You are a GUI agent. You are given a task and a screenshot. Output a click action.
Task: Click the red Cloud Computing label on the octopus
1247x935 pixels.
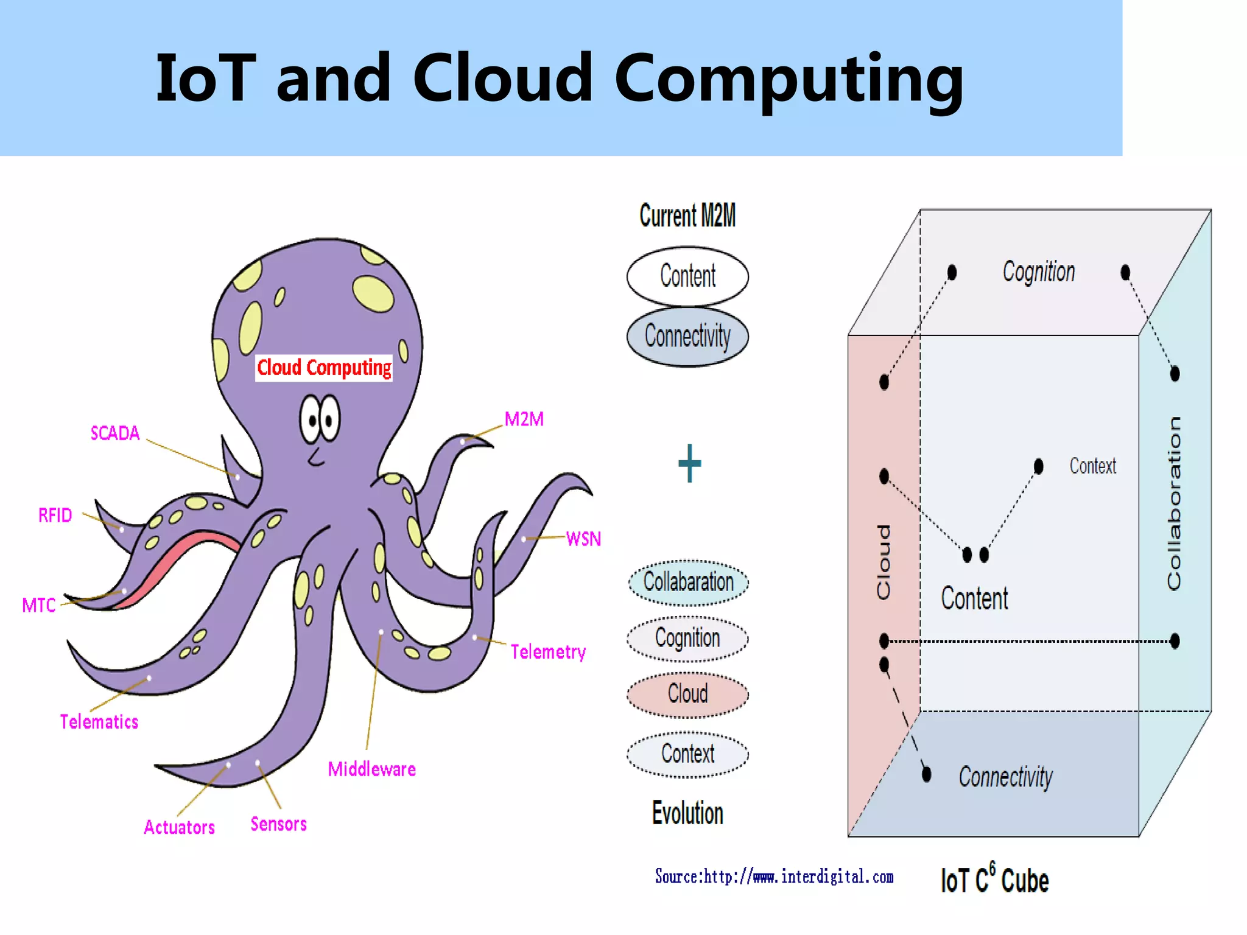(324, 368)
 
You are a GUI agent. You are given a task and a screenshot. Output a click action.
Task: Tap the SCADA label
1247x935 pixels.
(115, 433)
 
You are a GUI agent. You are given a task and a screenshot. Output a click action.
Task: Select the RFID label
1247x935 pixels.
(55, 516)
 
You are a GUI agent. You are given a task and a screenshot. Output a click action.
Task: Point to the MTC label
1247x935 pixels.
(39, 605)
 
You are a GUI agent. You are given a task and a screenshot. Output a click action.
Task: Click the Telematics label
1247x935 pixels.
(99, 722)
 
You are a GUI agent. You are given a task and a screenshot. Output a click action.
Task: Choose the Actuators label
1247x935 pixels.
(180, 827)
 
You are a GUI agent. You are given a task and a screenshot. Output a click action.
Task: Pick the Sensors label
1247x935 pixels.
(279, 824)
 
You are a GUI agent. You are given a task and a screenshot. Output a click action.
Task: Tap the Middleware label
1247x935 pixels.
(372, 769)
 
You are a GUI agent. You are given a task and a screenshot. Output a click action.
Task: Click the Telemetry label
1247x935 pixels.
(548, 652)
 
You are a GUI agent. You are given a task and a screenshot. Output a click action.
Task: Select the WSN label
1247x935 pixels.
(583, 539)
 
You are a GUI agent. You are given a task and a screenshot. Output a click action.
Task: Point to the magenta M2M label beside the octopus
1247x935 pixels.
(524, 419)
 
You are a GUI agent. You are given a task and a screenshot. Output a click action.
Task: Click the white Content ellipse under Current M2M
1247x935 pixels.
(687, 276)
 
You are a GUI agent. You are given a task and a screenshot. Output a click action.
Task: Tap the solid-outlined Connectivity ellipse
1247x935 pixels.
(687, 336)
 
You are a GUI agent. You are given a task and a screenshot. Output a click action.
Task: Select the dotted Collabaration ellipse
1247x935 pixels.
(688, 583)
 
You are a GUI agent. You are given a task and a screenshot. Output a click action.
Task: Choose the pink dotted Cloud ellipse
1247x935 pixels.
(687, 694)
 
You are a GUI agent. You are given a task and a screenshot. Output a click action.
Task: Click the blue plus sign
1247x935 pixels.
(689, 463)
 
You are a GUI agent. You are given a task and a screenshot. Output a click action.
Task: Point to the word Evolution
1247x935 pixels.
(687, 813)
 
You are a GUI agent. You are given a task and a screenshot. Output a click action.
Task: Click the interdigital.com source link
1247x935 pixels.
(774, 877)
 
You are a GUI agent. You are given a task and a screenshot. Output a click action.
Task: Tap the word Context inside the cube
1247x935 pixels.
(1092, 466)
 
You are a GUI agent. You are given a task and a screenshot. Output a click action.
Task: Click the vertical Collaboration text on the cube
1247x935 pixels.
(1174, 503)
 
